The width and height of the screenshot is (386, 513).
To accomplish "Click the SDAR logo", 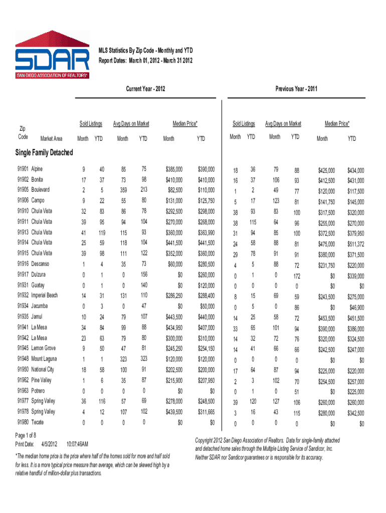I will click(52, 55).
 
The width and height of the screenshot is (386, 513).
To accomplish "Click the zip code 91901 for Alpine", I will click(23, 169).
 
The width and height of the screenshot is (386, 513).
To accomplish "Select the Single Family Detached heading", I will click(44, 152).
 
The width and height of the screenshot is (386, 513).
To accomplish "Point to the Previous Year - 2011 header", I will click(296, 89).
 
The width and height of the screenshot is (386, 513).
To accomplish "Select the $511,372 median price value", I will click(354, 244).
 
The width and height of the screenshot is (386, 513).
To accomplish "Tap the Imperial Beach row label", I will click(45, 296).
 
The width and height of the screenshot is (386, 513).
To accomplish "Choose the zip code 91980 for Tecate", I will click(23, 422).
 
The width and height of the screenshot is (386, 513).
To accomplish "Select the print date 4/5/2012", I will click(49, 444).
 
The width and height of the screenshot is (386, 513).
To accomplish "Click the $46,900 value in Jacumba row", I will click(354, 307).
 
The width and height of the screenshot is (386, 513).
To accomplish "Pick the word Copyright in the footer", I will click(206, 440).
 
